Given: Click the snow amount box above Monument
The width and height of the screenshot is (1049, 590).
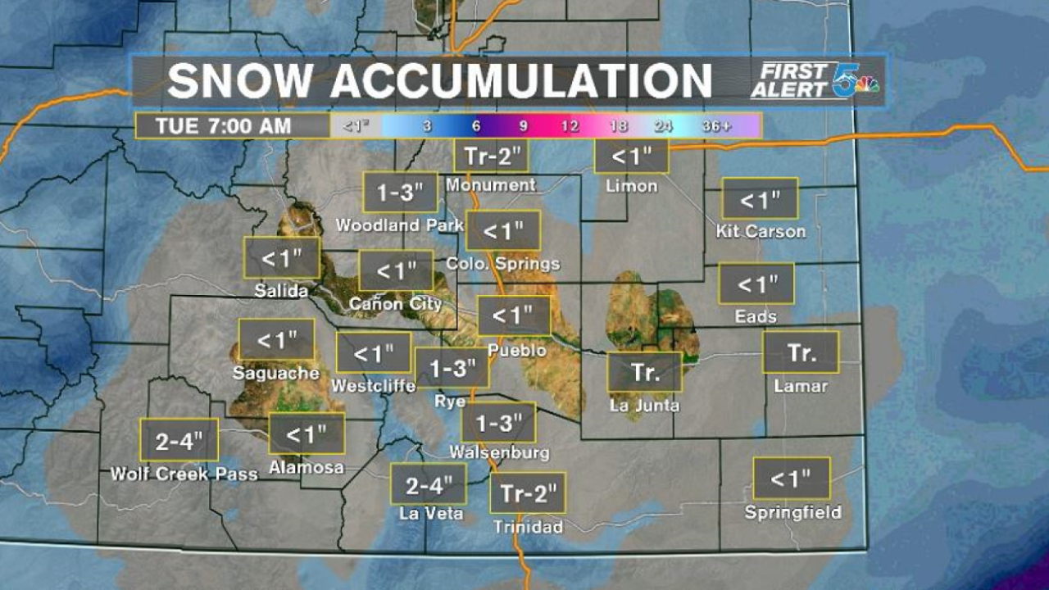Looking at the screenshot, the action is [x=491, y=155].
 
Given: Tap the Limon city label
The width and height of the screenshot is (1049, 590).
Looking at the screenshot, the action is [x=631, y=186].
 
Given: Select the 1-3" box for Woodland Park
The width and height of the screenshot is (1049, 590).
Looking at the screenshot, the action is [x=400, y=193].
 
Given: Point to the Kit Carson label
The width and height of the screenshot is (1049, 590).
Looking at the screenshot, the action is [x=761, y=231].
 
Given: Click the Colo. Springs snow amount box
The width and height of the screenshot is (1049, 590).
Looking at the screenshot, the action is [x=503, y=230].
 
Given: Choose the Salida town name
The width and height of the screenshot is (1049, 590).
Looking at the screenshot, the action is [x=281, y=291].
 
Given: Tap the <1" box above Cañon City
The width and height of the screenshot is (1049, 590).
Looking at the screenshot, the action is [x=396, y=270].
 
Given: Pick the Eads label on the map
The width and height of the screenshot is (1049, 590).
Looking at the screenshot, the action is [x=756, y=316].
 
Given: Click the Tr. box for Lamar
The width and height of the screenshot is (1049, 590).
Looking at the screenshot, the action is [x=801, y=352].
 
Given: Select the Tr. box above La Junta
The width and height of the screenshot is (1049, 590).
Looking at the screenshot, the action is [x=644, y=372].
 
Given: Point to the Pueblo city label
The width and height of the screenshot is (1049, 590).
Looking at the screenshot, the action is [x=516, y=350].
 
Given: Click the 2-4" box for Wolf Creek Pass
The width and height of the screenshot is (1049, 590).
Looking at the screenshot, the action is [x=179, y=441].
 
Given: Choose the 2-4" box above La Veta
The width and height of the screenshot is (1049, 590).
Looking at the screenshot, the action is [x=428, y=484].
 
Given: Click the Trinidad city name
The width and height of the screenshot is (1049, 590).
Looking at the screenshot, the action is [x=528, y=527].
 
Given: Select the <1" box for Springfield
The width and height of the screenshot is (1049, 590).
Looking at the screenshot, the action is [x=792, y=479].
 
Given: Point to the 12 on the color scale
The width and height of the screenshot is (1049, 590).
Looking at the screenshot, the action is [x=569, y=126].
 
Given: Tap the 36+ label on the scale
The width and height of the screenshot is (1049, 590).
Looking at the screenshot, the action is [x=717, y=126].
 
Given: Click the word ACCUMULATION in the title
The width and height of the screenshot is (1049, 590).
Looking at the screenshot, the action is [x=521, y=80].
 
